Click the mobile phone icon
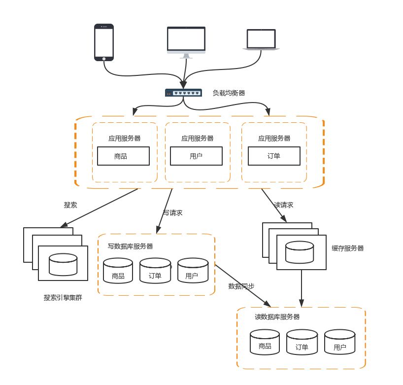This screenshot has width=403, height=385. [104, 42]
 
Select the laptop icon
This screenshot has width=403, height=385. [262, 39]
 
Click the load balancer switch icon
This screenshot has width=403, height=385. [183, 93]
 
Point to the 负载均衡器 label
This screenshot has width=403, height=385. [229, 93]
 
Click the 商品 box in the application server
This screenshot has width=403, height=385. [123, 156]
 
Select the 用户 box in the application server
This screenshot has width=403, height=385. [196, 156]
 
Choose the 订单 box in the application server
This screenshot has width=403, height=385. [273, 156]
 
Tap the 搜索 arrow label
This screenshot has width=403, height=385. [70, 205]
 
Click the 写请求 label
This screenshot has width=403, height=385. [173, 213]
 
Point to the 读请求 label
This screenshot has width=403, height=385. [284, 205]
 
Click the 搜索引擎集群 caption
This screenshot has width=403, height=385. [63, 298]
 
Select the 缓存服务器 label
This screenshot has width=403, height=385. [348, 248]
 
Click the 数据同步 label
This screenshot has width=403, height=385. [241, 286]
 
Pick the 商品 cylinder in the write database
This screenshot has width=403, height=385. [118, 271]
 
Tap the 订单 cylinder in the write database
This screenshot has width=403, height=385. [155, 271]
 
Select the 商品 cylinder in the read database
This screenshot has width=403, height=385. [265, 342]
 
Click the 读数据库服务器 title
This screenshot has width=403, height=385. [277, 317]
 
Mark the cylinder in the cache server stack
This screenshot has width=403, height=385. [300, 251]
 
